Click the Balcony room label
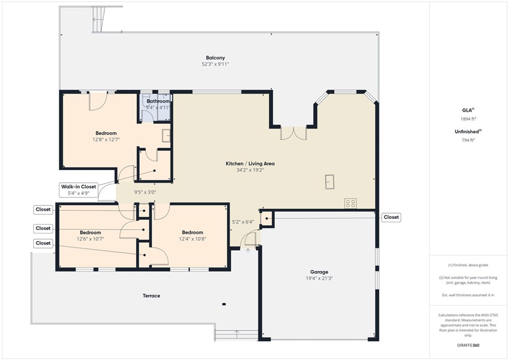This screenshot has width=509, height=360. coord(215,58)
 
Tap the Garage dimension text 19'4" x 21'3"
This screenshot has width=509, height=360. coord(319,278)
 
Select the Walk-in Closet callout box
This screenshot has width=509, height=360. coord(79,190)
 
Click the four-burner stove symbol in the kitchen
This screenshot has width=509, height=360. coord(350,203)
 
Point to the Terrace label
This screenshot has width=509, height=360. coord(151,296)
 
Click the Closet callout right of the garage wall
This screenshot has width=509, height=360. coord(391,217)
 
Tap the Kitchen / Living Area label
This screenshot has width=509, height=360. coord(250,164)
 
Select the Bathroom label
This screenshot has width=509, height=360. coord(158,101)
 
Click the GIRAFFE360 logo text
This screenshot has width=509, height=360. coord(468,345)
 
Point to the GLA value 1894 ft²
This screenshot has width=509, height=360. coord(468,119)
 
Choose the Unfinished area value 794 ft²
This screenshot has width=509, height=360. coord(468,140)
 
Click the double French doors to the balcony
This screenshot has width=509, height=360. coord(293,133)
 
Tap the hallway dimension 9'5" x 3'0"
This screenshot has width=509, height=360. coord(145,192)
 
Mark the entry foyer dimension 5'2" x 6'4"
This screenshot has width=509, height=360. coord(243,222)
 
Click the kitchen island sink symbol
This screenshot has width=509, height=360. coord(330,182)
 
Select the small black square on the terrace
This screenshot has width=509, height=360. coord(224,304)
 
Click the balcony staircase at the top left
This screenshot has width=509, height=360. coord(99,19)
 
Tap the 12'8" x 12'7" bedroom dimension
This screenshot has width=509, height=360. coord(106,140)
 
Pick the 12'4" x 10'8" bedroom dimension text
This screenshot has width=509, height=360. coord(192,239)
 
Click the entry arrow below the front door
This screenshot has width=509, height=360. coord(248,251)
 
